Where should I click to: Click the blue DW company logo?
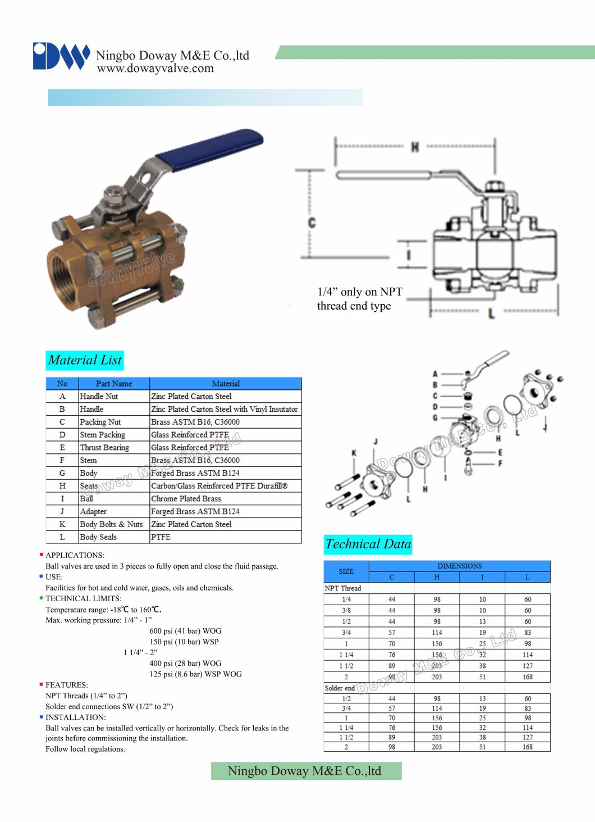tap(61, 56)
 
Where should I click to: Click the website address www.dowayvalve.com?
tap(155, 69)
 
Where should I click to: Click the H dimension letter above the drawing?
tap(415, 147)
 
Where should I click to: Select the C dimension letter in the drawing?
tap(312, 223)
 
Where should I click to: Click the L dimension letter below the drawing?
tap(491, 313)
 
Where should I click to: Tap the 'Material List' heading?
tap(85, 360)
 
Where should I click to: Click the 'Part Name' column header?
tap(114, 384)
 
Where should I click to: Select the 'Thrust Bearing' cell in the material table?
tap(104, 448)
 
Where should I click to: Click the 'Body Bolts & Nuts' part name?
tap(111, 524)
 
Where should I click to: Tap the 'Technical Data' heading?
tap(368, 544)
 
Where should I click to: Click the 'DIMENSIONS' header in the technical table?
tap(459, 566)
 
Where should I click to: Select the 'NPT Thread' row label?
tap(343, 588)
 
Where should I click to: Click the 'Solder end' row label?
tap(340, 688)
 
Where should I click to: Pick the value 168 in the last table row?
tap(528, 747)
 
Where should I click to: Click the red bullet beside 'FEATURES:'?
tap(42, 684)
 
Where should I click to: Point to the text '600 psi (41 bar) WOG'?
tap(185, 631)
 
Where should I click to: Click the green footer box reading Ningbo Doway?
tap(306, 771)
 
